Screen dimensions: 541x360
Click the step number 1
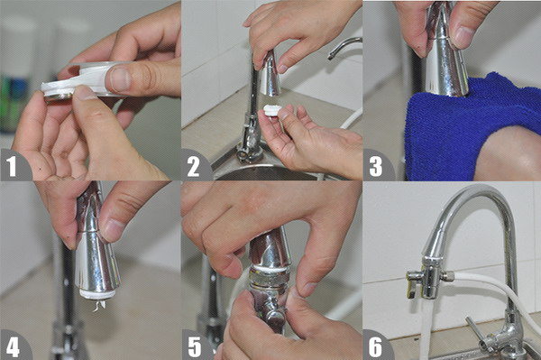[x=12, y=166]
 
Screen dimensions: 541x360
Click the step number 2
[x=193, y=167]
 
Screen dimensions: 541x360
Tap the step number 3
[x=376, y=166]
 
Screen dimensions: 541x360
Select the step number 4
[x=13, y=346]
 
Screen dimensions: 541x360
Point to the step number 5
[x=194, y=346]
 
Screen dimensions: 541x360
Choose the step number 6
[x=376, y=346]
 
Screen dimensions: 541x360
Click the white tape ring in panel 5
[x=270, y=268]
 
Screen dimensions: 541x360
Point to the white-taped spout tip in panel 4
[x=97, y=294]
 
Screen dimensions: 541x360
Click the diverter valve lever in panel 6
[x=412, y=285]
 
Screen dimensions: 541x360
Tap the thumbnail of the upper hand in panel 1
[x=119, y=78]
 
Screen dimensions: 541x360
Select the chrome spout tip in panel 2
[x=270, y=74]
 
